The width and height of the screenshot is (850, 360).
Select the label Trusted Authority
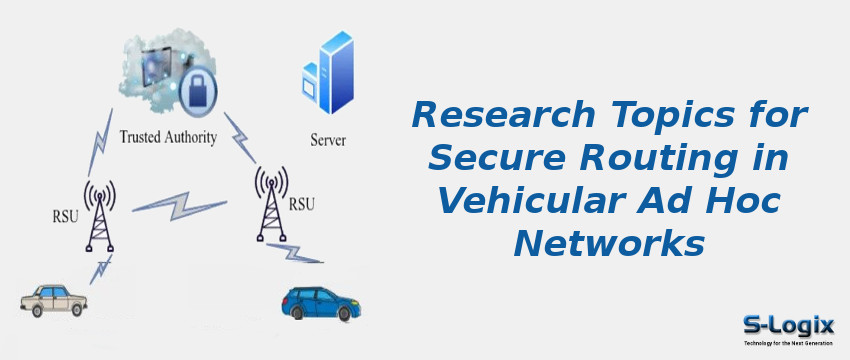[167, 137]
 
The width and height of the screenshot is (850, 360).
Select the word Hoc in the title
[752, 199]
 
